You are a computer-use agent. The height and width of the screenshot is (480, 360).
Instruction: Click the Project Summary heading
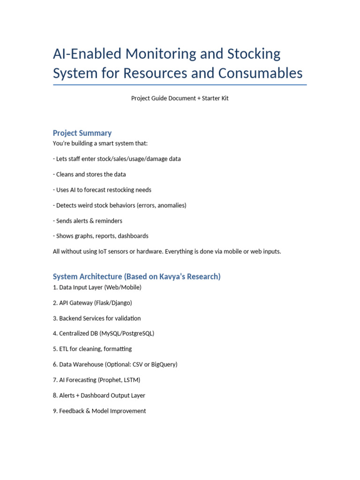pyautogui.click(x=82, y=133)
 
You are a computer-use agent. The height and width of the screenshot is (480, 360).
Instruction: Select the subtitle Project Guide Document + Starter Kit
pyautogui.click(x=180, y=98)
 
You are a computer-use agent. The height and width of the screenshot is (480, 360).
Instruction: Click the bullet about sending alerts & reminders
pyautogui.click(x=88, y=221)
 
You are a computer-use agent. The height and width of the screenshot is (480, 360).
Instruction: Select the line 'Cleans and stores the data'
pyautogui.click(x=89, y=174)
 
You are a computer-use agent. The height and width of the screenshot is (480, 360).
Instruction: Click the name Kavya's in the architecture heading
pyautogui.click(x=159, y=277)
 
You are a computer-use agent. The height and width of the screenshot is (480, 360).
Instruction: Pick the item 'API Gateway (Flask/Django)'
pyautogui.click(x=92, y=303)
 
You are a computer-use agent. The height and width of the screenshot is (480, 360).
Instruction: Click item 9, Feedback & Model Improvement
pyautogui.click(x=99, y=411)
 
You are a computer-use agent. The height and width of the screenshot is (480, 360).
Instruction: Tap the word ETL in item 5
pyautogui.click(x=65, y=349)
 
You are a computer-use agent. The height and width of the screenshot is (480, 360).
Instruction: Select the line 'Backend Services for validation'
pyautogui.click(x=97, y=318)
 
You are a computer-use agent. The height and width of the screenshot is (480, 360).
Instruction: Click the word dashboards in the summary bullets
pyautogui.click(x=133, y=236)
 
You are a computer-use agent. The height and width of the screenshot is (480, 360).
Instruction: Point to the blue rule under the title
pyautogui.click(x=180, y=85)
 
